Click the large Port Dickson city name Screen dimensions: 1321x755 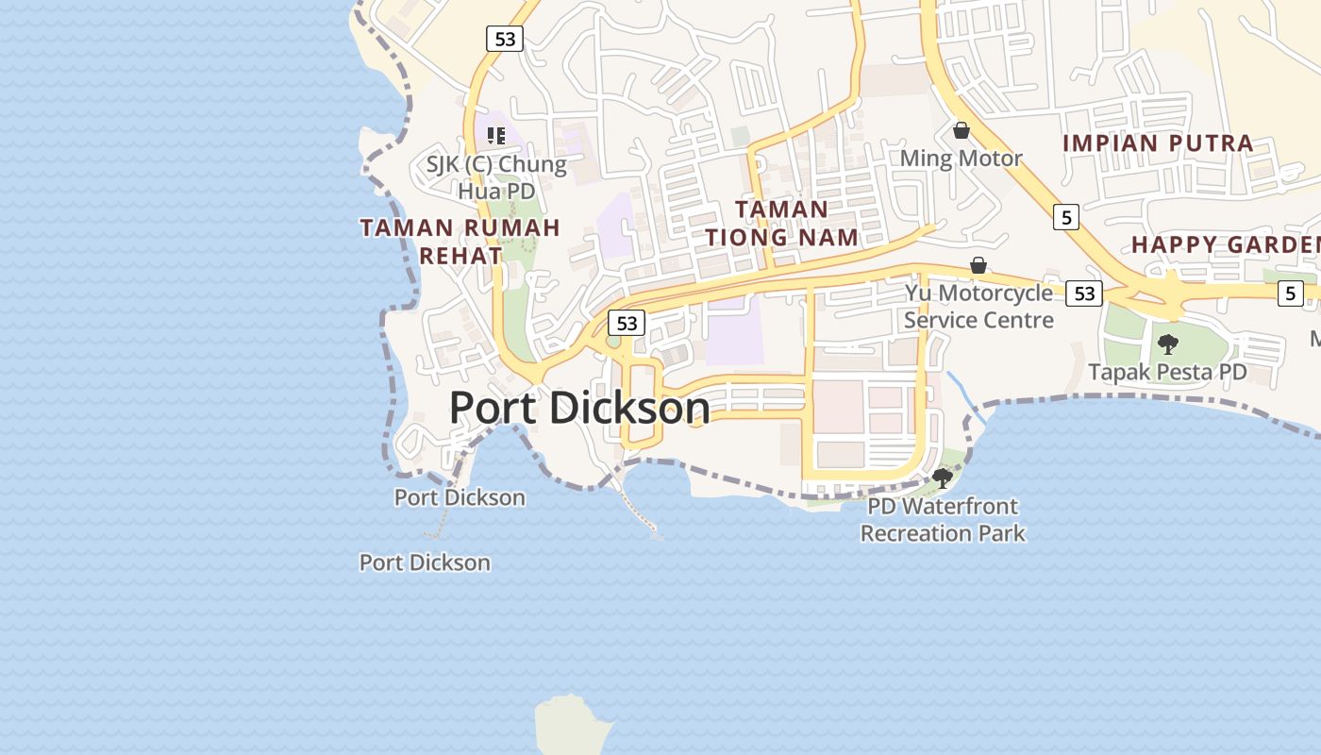(x=579, y=408)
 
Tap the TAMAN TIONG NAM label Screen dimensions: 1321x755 (x=781, y=223)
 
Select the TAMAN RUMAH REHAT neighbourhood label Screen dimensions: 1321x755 (x=460, y=242)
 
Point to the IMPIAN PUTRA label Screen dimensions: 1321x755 (x=1158, y=143)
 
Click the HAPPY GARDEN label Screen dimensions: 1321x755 (x=1225, y=244)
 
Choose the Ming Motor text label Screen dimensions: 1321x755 (x=961, y=158)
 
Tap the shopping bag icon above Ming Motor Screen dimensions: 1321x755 (x=961, y=130)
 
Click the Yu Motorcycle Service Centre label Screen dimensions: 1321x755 (x=978, y=307)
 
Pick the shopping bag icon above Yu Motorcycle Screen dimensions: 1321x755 (x=978, y=265)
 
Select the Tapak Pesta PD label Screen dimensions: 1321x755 (x=1167, y=372)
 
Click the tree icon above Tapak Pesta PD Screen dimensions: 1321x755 (x=1168, y=344)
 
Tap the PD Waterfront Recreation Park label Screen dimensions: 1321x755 (x=943, y=520)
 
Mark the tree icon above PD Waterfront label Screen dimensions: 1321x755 (x=942, y=478)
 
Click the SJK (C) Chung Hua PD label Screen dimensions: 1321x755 (x=496, y=177)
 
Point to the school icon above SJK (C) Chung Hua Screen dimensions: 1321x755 (x=496, y=135)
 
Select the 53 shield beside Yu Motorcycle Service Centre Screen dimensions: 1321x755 (x=1084, y=294)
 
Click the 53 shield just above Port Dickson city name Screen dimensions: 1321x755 (x=627, y=324)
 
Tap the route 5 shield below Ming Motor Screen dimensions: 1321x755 (x=1066, y=217)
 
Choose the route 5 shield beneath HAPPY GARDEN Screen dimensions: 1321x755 (x=1291, y=294)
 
